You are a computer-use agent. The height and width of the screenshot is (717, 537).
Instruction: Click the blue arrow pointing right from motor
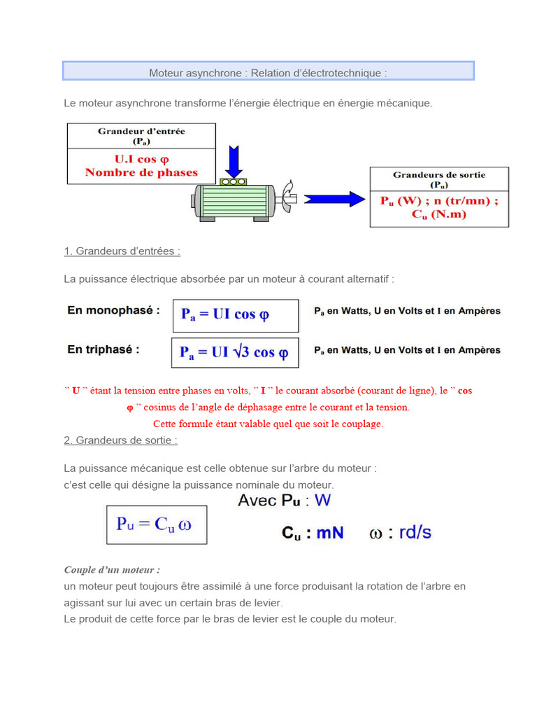coord(334,199)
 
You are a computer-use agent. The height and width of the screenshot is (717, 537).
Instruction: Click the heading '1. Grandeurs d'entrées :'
coord(122,251)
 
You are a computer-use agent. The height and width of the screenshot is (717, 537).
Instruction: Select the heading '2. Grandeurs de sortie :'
coord(120,440)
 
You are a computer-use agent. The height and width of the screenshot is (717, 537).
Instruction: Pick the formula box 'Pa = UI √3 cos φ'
coord(234,352)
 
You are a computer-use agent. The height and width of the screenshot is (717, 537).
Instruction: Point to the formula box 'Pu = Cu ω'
coord(156,524)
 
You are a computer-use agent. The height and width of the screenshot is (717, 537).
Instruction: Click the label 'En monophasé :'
coord(113,309)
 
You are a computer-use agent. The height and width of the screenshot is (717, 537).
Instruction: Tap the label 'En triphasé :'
coord(103,349)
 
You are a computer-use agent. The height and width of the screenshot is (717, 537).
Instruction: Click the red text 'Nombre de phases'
coord(141,172)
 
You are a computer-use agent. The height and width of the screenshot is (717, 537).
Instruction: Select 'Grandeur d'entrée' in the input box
coord(141,131)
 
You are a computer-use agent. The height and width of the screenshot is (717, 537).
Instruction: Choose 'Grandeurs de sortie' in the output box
coord(439,174)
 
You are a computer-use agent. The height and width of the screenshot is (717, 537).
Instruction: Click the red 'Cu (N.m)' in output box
coord(439,214)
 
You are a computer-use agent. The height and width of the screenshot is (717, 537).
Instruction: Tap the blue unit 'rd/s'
coord(415,532)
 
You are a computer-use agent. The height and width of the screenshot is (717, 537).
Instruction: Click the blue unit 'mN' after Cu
coord(330,533)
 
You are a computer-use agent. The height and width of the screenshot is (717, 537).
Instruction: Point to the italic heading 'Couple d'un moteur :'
coord(112,570)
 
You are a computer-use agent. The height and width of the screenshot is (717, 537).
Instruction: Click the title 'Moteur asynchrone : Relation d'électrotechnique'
coord(268,73)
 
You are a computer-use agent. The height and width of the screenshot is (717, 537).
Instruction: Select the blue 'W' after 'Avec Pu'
coord(322,501)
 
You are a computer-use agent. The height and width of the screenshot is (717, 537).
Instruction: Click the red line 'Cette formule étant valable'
coord(268,424)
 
